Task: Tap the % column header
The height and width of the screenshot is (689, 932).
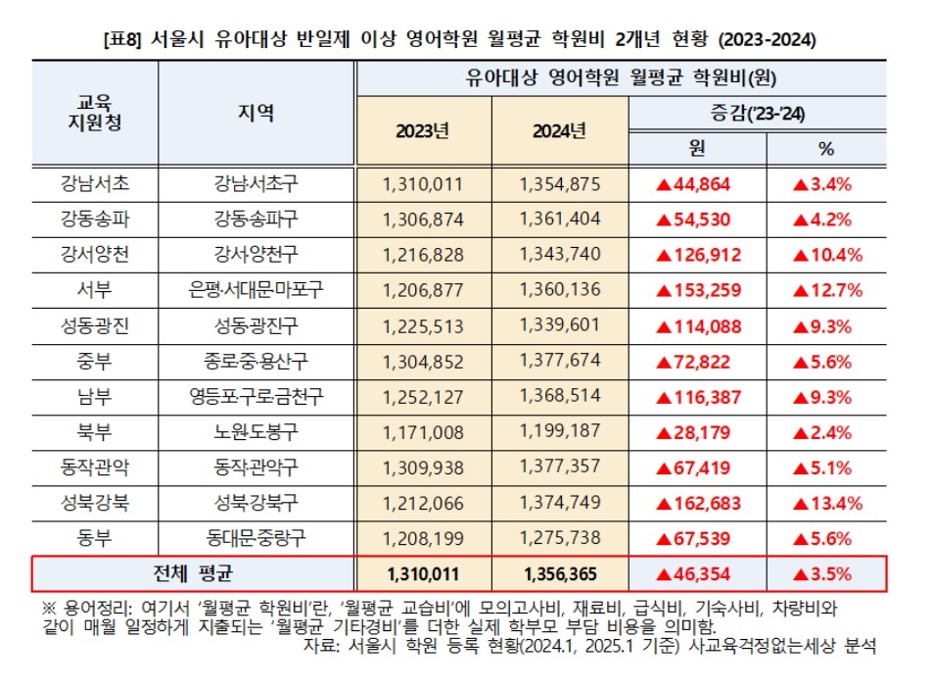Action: click(824, 148)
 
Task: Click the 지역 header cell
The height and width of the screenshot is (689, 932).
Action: click(256, 113)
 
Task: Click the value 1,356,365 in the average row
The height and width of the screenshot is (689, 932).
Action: click(559, 573)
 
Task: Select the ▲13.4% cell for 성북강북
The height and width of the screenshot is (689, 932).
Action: click(826, 504)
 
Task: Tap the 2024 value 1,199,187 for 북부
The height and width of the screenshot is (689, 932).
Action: click(559, 432)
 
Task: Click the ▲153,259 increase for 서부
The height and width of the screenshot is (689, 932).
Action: click(697, 290)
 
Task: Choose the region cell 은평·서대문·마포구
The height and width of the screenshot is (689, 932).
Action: click(256, 290)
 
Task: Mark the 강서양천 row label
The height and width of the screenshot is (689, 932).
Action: click(94, 255)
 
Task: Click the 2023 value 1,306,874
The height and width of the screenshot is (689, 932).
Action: click(423, 220)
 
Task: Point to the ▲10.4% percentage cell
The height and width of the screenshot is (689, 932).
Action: click(826, 255)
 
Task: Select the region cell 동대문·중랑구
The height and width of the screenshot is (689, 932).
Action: click(256, 538)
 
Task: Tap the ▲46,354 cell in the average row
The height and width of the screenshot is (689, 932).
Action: click(697, 573)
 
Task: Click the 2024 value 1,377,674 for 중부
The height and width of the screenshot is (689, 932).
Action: click(559, 362)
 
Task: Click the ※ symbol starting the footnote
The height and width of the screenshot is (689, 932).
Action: click(43, 607)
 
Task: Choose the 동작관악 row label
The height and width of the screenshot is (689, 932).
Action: click(94, 468)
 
